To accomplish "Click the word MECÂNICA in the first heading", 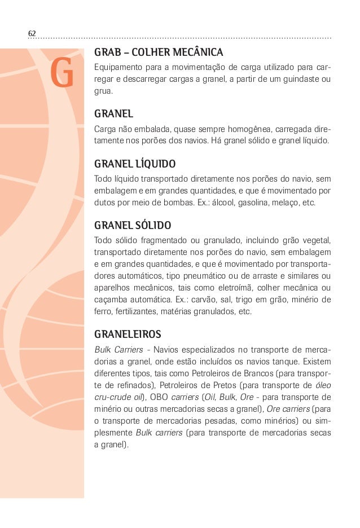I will (x=197, y=54).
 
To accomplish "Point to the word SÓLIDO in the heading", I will (x=152, y=226).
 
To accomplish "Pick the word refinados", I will (x=124, y=385).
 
